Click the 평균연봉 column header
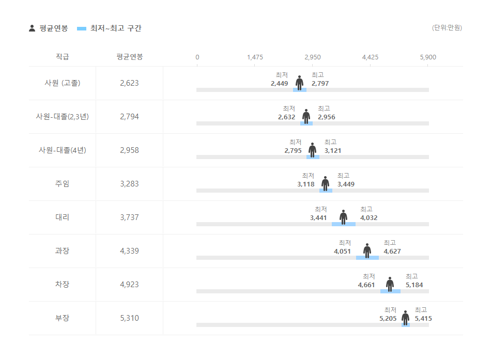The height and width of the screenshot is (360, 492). pyautogui.click(x=129, y=57)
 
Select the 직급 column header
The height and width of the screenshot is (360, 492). pyautogui.click(x=62, y=57)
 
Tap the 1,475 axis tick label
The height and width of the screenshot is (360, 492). pyautogui.click(x=255, y=57)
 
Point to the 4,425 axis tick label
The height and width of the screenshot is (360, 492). pyautogui.click(x=370, y=57)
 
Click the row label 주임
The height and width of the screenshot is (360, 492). pyautogui.click(x=62, y=184)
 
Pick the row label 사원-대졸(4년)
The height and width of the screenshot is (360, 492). pyautogui.click(x=62, y=150)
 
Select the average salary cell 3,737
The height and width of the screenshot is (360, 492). pyautogui.click(x=129, y=217)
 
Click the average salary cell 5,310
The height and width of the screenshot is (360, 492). pyautogui.click(x=129, y=318)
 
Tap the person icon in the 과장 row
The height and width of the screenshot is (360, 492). pyautogui.click(x=367, y=251)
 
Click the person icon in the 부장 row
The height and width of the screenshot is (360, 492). pyautogui.click(x=405, y=318)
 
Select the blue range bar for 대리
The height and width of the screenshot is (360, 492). pyautogui.click(x=343, y=224)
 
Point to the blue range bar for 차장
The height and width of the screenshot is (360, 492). pyautogui.click(x=390, y=291)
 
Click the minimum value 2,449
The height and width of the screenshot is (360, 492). pyautogui.click(x=279, y=84)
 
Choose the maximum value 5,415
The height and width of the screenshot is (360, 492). pyautogui.click(x=423, y=319)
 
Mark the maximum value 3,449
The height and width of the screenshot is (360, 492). pyautogui.click(x=346, y=184)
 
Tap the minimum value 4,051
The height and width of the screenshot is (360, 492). pyautogui.click(x=342, y=252)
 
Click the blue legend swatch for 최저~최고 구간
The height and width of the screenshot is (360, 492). pyautogui.click(x=81, y=28)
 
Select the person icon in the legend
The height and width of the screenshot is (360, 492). pyautogui.click(x=32, y=28)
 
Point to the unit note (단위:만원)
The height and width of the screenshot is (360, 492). pyautogui.click(x=447, y=28)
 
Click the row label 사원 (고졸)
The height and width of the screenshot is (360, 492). pyautogui.click(x=62, y=83)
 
